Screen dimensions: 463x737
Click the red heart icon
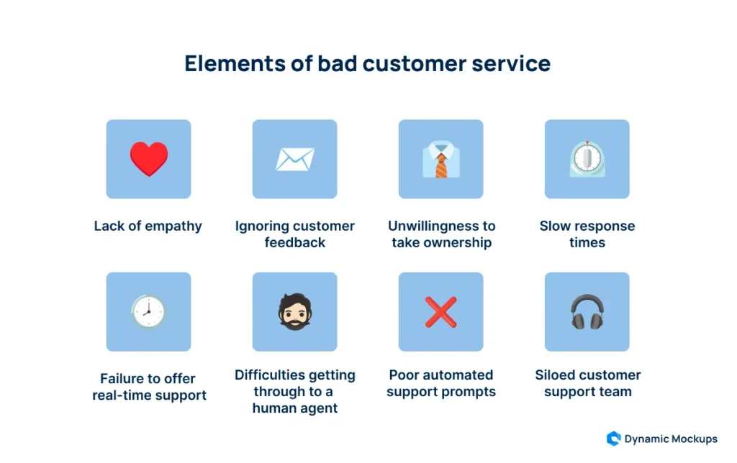pyautogui.click(x=149, y=159)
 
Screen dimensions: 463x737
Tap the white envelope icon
pyautogui.click(x=294, y=159)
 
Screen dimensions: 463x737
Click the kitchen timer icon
pyautogui.click(x=587, y=160)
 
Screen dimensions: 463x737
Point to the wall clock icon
pyautogui.click(x=149, y=311)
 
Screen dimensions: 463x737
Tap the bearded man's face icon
pyautogui.click(x=294, y=311)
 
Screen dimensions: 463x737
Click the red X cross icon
pyautogui.click(x=440, y=311)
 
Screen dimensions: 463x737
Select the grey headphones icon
pyautogui.click(x=587, y=312)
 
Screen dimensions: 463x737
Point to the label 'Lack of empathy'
pyautogui.click(x=148, y=226)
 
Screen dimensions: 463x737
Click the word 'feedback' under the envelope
pyautogui.click(x=294, y=242)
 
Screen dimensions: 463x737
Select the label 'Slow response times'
pyautogui.click(x=587, y=234)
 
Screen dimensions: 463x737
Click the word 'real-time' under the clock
pyautogui.click(x=125, y=395)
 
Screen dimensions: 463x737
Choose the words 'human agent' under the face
pyautogui.click(x=294, y=408)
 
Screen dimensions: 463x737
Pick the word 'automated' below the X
pyautogui.click(x=461, y=375)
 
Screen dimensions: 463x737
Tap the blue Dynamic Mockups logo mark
pyautogui.click(x=613, y=439)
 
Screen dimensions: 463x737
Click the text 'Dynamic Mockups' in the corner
pyautogui.click(x=671, y=439)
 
